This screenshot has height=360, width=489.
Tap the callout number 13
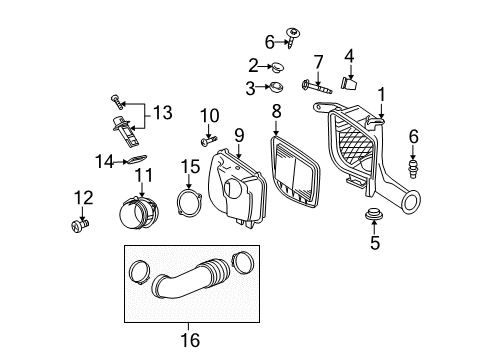[161, 113]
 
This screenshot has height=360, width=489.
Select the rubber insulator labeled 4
[350, 83]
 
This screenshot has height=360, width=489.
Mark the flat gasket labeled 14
[133, 158]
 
